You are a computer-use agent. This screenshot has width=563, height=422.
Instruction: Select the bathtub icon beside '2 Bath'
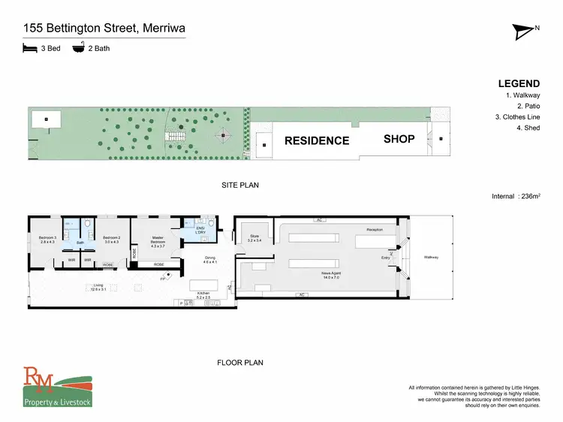[78, 48]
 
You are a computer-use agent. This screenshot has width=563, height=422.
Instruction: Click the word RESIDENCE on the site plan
[316, 140]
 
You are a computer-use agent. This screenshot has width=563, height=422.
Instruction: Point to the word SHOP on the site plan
[399, 139]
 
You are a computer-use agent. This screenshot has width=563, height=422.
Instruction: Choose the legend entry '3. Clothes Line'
[518, 117]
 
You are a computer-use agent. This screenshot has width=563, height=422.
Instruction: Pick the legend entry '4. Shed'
[526, 128]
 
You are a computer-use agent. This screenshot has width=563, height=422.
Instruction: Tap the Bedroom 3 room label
[47, 240]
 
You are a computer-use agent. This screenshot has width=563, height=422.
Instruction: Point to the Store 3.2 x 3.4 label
[254, 238]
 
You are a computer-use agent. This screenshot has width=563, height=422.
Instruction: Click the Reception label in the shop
[375, 229]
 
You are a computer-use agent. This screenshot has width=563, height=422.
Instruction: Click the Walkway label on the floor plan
[430, 258]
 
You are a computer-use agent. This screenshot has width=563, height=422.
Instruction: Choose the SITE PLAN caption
[240, 185]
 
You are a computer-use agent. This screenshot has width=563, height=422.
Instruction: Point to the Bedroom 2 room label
[111, 240]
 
